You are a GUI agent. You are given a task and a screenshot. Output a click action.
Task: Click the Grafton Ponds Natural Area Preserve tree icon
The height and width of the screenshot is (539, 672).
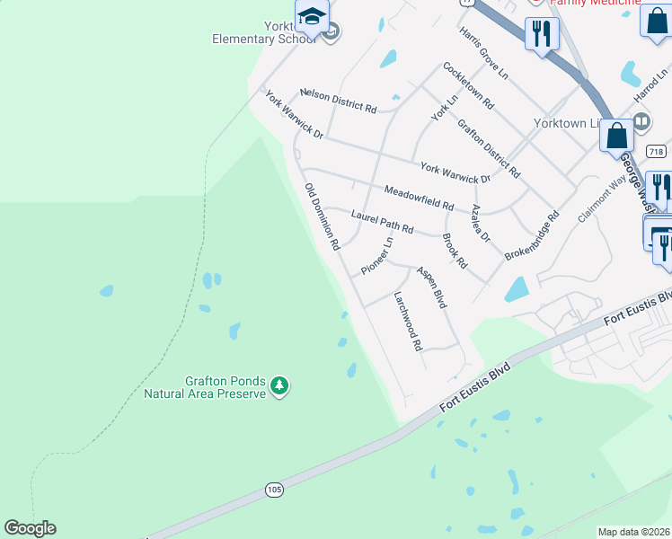(x=280, y=386)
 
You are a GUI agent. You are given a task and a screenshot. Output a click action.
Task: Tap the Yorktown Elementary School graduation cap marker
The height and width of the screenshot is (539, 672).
(x=312, y=17)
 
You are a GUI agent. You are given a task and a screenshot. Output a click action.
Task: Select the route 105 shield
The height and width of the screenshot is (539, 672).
(x=275, y=490)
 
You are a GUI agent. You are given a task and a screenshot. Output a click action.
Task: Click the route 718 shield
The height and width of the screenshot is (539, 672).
(x=656, y=152)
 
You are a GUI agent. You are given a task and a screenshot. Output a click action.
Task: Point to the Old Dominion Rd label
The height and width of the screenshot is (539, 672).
(x=322, y=216)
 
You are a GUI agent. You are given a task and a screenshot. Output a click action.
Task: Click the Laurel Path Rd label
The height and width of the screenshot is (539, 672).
(x=382, y=221)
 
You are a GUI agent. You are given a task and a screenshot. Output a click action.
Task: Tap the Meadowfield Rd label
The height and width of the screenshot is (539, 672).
(x=419, y=198)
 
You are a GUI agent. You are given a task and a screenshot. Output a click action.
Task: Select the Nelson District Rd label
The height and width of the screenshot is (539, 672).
(x=338, y=100)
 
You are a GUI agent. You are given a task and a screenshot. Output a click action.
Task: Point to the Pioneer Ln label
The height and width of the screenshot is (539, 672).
(x=377, y=256)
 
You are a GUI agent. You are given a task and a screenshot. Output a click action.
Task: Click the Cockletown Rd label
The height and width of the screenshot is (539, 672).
(x=468, y=86)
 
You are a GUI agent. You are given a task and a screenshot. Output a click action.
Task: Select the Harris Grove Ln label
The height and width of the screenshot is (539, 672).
(x=484, y=53)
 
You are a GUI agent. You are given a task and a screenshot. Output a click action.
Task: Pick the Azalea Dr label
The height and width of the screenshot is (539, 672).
(x=481, y=224)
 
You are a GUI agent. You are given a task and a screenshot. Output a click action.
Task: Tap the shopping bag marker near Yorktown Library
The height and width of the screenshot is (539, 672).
(x=617, y=137)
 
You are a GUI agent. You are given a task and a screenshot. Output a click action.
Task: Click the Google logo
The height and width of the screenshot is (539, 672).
(x=30, y=528)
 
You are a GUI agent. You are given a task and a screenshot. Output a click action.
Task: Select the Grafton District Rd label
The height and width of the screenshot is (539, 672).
(x=489, y=147)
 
